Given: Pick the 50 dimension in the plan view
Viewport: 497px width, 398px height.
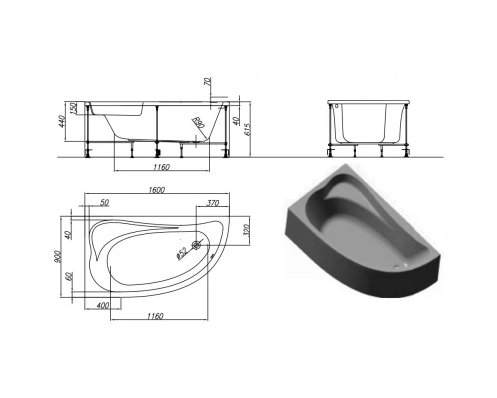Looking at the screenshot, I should pyautogui.click(x=106, y=202).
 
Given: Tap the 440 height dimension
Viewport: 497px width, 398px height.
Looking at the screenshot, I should pyautogui.click(x=63, y=126).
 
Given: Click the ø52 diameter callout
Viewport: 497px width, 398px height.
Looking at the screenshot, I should pyautogui.click(x=181, y=252).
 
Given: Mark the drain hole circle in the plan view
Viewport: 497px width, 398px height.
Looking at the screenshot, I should pyautogui.click(x=196, y=247).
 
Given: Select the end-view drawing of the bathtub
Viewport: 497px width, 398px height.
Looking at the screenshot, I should pyautogui.click(x=371, y=127).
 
